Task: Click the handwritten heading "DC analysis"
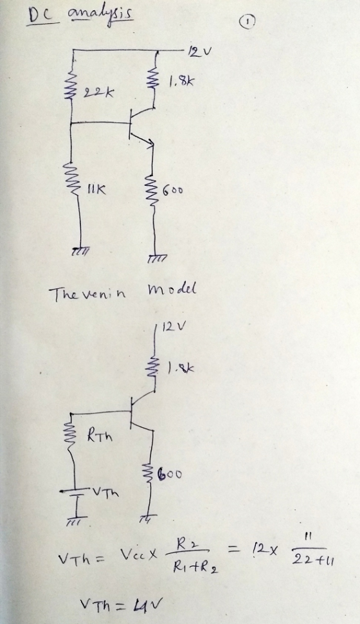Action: coord(80,16)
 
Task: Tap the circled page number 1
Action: coord(248,22)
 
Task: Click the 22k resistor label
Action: coord(98,93)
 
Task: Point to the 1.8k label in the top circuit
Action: coord(182,83)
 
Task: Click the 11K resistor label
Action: coord(96,190)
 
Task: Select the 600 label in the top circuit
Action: coord(172,190)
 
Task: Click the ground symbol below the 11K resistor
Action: coord(80,250)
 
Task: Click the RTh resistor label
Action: coord(100,437)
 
